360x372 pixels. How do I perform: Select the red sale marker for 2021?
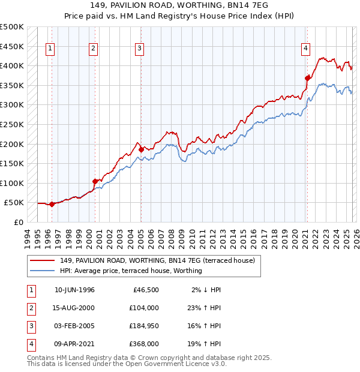(x=307, y=77)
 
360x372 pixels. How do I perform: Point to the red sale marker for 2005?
(x=141, y=149)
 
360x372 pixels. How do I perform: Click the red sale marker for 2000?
(x=95, y=181)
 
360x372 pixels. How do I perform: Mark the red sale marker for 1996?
(x=52, y=204)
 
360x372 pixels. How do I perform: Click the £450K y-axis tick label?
(x=12, y=46)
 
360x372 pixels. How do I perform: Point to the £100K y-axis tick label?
(x=12, y=183)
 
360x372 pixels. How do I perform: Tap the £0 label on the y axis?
(x=19, y=222)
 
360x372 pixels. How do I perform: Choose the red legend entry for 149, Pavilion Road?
(x=157, y=260)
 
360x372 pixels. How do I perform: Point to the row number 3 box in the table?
(x=31, y=326)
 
